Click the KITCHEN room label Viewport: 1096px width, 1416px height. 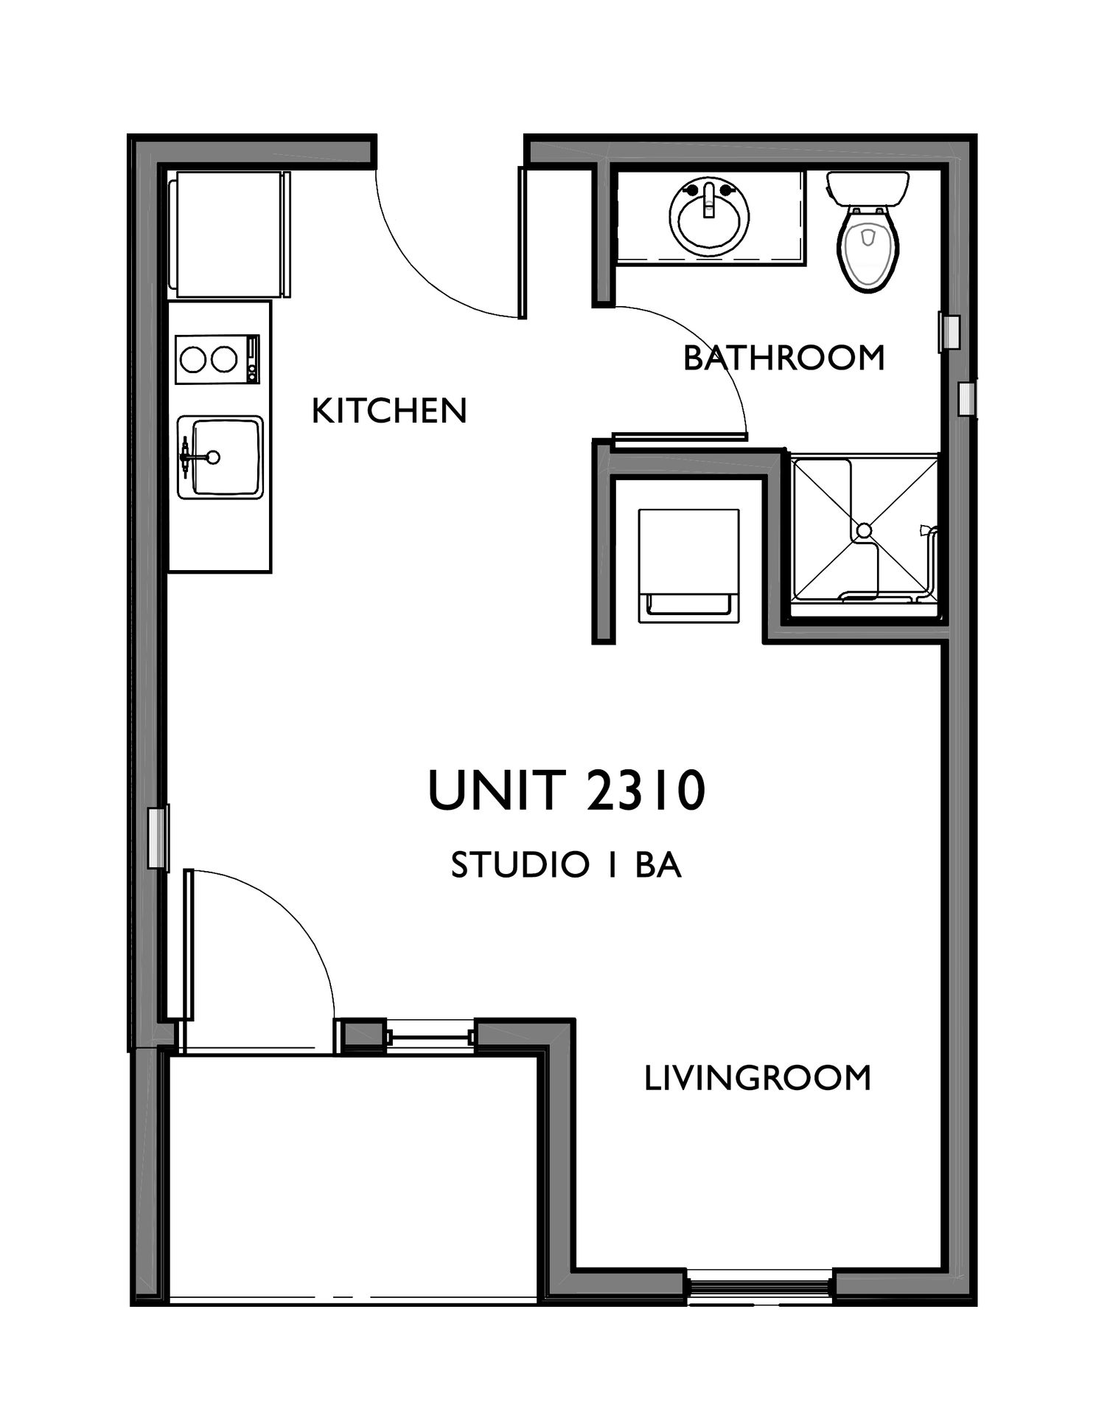[389, 411]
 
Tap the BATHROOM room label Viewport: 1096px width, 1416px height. [783, 358]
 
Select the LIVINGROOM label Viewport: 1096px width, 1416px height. [758, 1077]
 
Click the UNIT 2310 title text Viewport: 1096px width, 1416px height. [567, 790]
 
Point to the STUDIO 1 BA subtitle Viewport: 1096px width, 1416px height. [566, 864]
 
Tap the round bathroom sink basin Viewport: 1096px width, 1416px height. [709, 218]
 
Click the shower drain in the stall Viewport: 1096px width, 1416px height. [864, 530]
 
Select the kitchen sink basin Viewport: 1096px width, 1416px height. [227, 457]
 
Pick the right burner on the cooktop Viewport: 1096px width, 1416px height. [224, 360]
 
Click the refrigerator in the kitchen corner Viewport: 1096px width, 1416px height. [229, 234]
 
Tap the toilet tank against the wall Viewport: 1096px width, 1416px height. [868, 189]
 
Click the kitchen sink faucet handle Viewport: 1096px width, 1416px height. [185, 457]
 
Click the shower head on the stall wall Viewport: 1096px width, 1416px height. [925, 530]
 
